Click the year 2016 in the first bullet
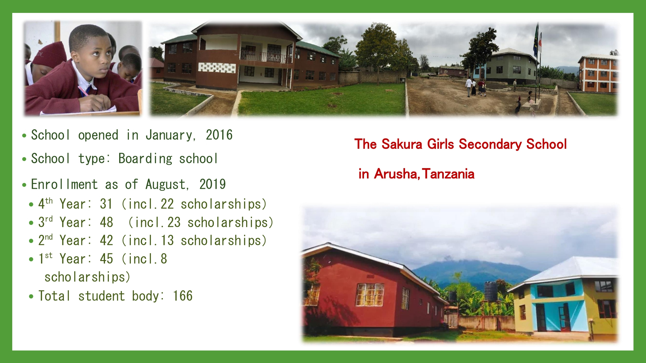point(219,135)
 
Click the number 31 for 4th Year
point(106,204)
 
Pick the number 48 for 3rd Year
point(106,222)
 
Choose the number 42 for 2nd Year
point(106,240)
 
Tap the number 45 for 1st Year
point(106,259)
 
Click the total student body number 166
point(183,296)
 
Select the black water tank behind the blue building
point(490,291)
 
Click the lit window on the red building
point(370,294)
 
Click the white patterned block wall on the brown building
point(217,67)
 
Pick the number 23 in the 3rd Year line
point(174,222)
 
